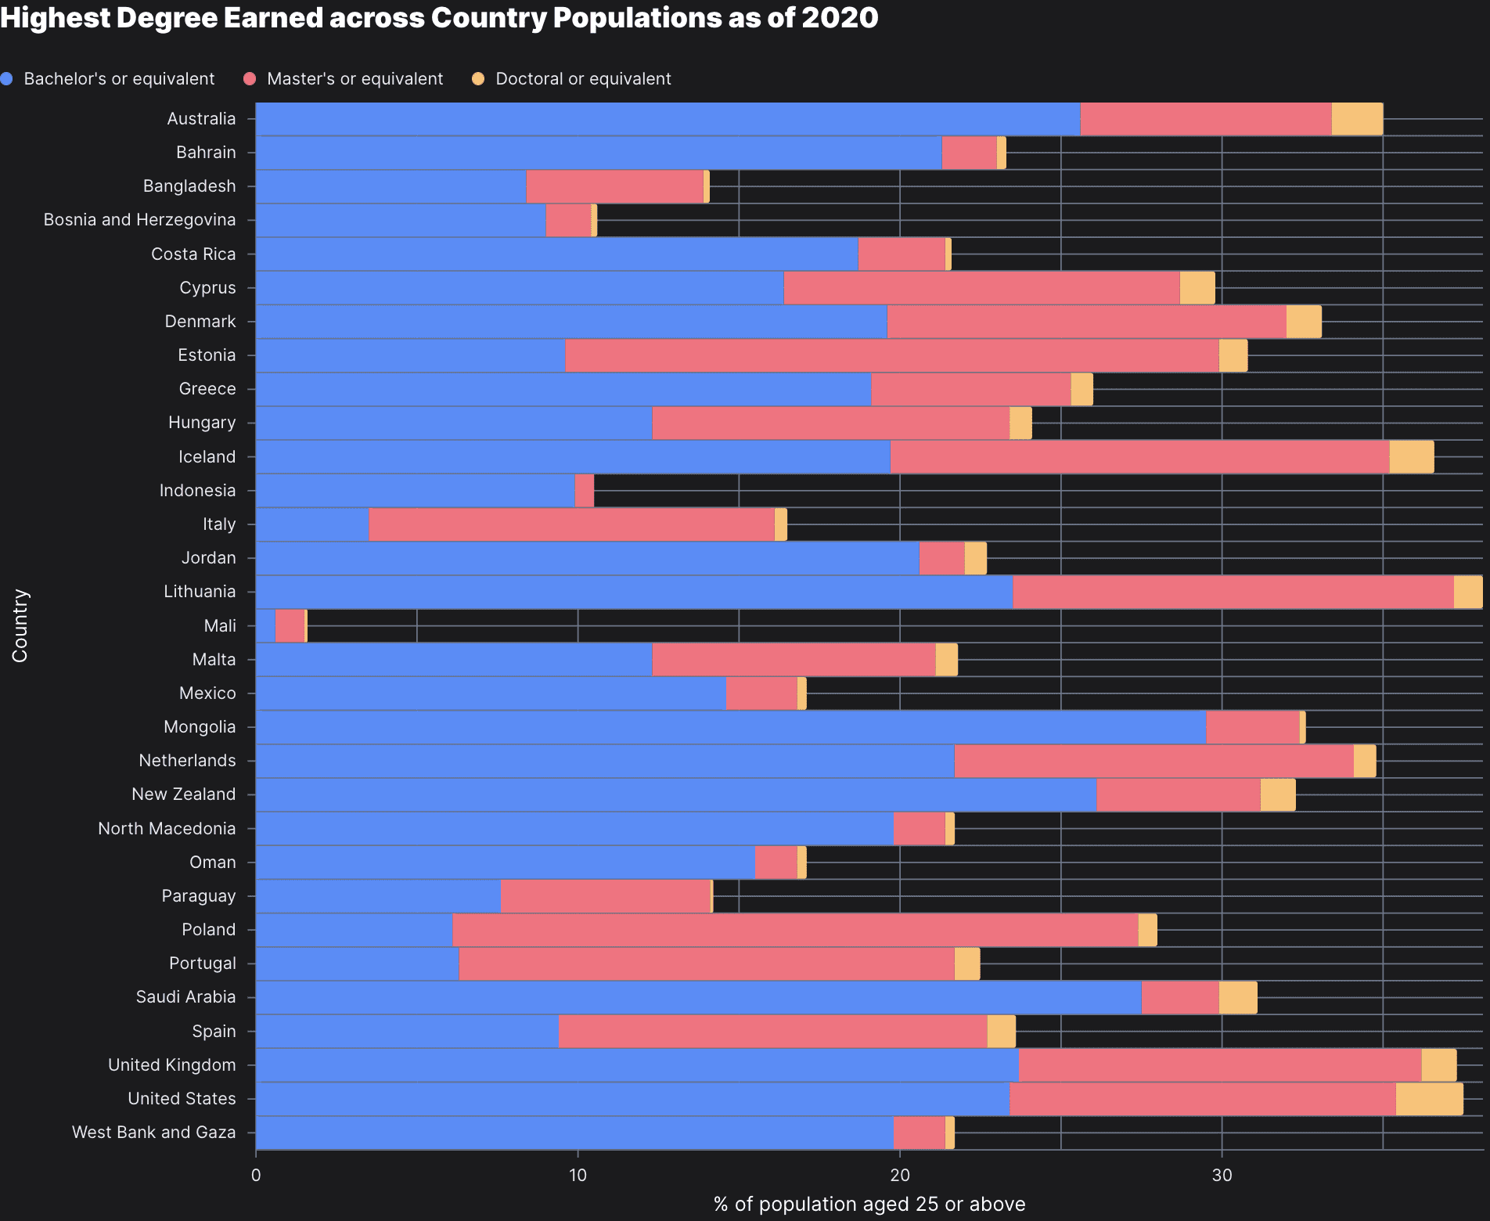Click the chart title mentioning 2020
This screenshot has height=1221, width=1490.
[439, 17]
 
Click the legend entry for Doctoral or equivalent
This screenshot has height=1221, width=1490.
[582, 79]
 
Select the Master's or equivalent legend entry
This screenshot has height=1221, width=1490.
[355, 79]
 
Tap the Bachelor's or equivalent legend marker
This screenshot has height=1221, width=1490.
[7, 79]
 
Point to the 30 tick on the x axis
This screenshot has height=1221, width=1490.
[1222, 1175]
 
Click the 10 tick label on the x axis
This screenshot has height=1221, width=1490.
[578, 1175]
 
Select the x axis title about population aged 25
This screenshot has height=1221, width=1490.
[869, 1204]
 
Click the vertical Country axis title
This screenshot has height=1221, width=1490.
[20, 625]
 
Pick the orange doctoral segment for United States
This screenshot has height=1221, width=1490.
[1429, 1099]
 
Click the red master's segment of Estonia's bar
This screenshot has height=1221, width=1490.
[891, 355]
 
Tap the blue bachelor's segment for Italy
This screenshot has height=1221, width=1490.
[312, 524]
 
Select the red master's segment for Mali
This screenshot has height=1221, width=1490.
[290, 626]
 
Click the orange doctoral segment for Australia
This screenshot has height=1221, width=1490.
[1357, 119]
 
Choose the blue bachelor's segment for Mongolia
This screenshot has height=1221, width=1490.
[730, 727]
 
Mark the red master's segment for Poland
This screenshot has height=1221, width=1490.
[794, 930]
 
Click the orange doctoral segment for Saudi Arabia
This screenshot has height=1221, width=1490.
[1238, 997]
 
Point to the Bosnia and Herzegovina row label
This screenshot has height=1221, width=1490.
[139, 220]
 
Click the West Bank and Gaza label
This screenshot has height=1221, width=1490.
[153, 1133]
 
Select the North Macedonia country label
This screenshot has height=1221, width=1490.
[167, 828]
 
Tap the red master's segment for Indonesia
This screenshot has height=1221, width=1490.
[584, 491]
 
